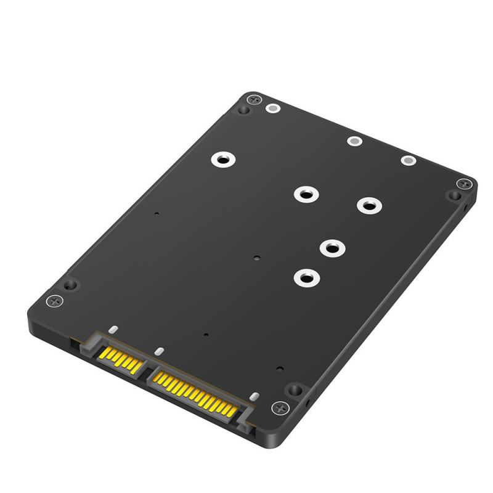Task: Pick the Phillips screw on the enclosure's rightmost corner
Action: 464,184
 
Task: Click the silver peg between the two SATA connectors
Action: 158,352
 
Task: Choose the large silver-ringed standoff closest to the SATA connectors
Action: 305,277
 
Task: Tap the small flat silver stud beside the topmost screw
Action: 272,109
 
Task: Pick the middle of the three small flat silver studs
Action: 354,141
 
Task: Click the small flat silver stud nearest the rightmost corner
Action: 408,160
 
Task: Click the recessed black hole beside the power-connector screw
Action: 296,390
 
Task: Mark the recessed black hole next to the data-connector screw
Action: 70,285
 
